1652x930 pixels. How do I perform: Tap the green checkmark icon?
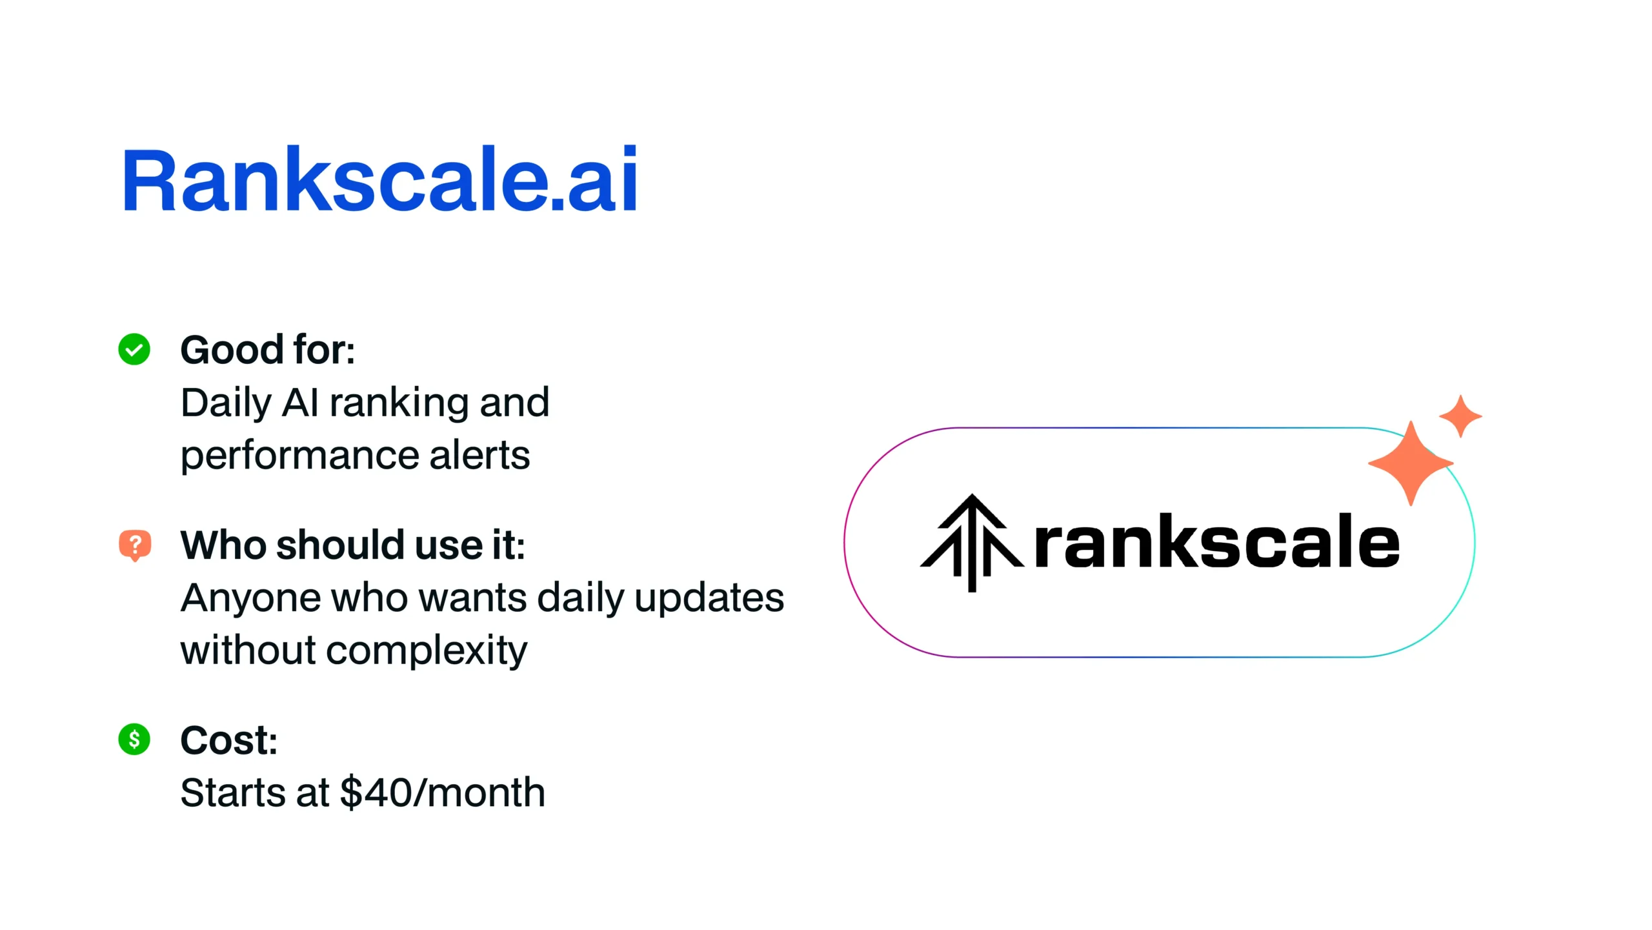click(x=134, y=349)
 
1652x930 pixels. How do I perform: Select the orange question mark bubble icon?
click(x=135, y=545)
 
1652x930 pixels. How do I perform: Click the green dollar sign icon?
click(x=134, y=739)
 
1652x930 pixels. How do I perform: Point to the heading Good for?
click(x=268, y=350)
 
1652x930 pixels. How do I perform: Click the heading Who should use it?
click(x=353, y=545)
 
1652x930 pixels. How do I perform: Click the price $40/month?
click(x=443, y=793)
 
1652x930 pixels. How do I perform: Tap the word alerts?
click(x=479, y=455)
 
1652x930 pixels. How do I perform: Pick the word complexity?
click(x=427, y=651)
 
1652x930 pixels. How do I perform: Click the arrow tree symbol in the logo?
click(x=971, y=542)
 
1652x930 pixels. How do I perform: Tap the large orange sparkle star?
click(x=1411, y=463)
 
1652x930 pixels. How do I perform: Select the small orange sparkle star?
click(x=1460, y=416)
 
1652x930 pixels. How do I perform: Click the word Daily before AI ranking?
click(x=227, y=403)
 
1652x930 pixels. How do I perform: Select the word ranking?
click(x=399, y=403)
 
